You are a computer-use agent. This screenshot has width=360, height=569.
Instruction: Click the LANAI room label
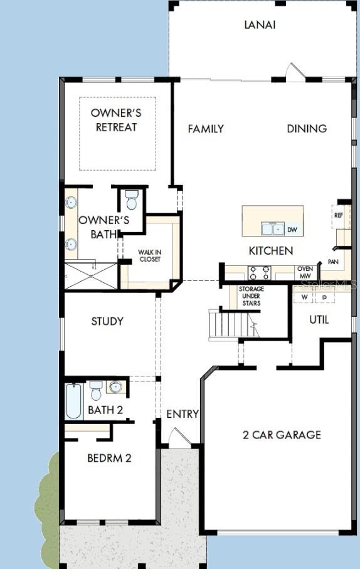[x=260, y=25]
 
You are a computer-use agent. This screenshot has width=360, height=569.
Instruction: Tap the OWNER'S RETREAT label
[x=117, y=120]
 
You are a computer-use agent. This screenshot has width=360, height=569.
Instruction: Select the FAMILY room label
[x=206, y=129]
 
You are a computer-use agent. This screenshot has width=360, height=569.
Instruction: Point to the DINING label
[x=307, y=129]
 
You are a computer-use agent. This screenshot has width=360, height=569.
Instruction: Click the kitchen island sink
[x=273, y=229]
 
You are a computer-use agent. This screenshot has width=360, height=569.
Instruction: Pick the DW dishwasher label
[x=292, y=230]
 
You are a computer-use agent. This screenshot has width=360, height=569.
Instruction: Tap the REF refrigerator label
[x=339, y=215]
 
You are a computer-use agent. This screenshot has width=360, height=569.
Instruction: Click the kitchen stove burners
[x=260, y=273]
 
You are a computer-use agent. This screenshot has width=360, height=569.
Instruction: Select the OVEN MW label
[x=305, y=272]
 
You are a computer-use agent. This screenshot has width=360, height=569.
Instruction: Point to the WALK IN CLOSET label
[x=149, y=255]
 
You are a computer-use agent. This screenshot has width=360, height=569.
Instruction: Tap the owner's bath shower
[x=92, y=276]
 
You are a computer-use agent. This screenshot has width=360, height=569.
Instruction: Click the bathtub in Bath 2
[x=74, y=401]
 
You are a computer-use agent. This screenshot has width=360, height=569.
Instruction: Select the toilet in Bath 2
[x=96, y=390]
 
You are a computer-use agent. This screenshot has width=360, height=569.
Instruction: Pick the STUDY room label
[x=107, y=321]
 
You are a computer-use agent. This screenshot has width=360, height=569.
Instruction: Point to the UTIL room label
[x=319, y=319]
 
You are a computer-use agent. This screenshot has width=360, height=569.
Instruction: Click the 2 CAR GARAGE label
[x=282, y=434]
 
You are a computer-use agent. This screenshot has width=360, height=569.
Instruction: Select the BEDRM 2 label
[x=109, y=458]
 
